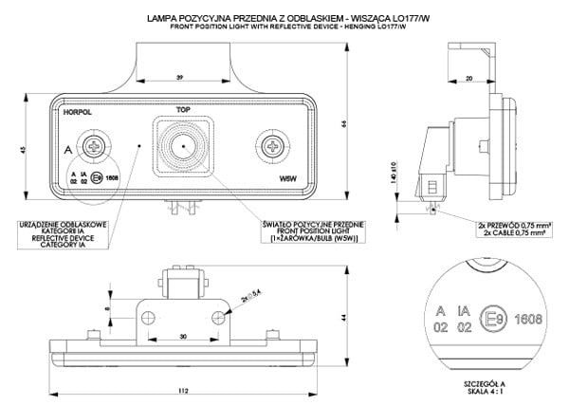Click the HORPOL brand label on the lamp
click(x=75, y=112)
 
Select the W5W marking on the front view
click(x=288, y=177)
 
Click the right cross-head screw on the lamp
click(x=273, y=147)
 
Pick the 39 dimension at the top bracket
click(x=180, y=77)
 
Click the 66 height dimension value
click(x=344, y=123)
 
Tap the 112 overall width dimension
click(x=183, y=392)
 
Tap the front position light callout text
click(x=299, y=232)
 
